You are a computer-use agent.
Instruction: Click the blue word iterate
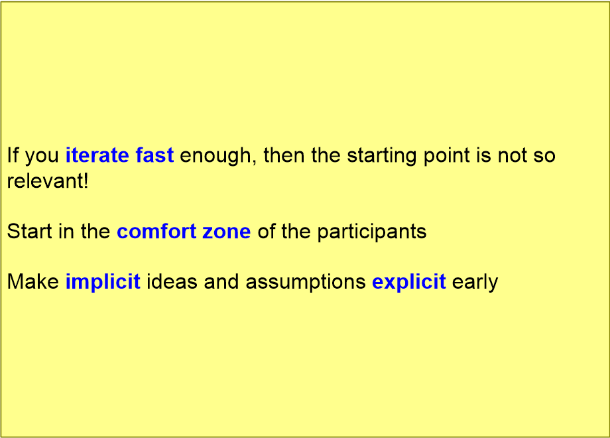[x=97, y=155]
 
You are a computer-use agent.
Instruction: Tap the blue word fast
[x=154, y=155]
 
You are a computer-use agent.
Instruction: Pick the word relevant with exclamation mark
[x=48, y=181]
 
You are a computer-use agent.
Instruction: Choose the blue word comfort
[x=156, y=231]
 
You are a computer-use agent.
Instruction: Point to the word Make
[x=33, y=281]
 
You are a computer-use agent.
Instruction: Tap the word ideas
[x=172, y=281]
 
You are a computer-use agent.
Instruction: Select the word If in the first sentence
[x=13, y=155]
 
